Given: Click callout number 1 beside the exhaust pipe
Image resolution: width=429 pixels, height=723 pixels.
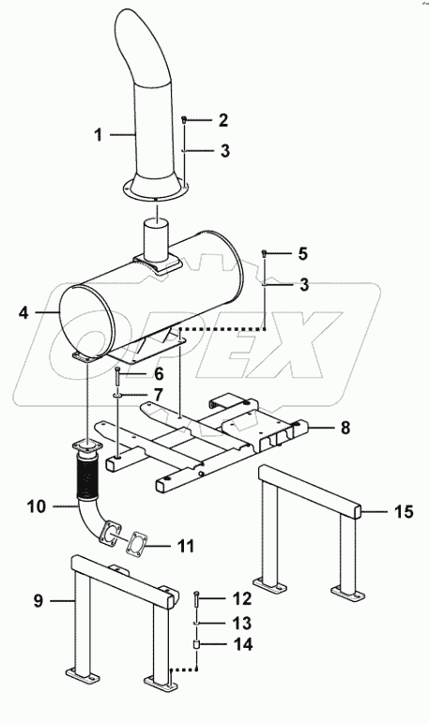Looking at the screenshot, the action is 98,135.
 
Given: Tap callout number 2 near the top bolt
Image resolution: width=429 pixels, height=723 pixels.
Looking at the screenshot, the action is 223,120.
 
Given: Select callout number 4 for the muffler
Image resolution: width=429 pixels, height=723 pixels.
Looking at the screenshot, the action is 24,312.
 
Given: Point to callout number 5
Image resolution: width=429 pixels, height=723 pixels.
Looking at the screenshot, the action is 302,253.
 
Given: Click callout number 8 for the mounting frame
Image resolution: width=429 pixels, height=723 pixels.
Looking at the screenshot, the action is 345,428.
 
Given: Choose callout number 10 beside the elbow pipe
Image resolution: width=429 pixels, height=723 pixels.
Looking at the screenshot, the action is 37,506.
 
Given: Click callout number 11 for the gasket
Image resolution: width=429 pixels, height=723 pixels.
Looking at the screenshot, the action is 185,546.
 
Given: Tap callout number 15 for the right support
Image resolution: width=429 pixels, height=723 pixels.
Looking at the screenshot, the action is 404,511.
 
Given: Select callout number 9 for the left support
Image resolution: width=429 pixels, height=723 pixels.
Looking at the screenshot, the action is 38,600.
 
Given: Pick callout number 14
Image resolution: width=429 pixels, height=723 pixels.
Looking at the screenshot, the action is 243,644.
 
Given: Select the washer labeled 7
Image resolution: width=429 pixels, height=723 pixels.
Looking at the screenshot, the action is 117,395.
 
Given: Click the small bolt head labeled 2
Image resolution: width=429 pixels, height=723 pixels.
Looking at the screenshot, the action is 184,120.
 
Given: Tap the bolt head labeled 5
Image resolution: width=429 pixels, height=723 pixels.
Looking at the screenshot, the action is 265,252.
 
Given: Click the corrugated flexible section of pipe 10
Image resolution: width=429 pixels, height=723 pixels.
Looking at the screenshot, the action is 87,474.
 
